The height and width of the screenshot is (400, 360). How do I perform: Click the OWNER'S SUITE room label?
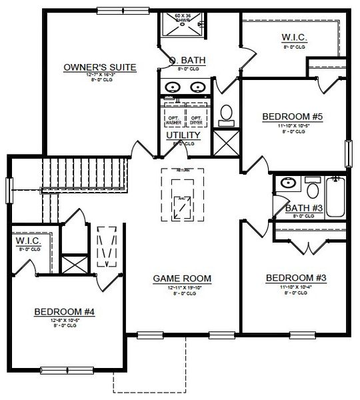[x=100, y=67]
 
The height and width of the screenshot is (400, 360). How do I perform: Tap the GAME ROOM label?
[x=182, y=278]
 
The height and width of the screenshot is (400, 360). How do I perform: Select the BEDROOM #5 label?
[x=292, y=117]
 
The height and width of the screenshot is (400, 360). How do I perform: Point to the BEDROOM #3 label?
[x=295, y=277]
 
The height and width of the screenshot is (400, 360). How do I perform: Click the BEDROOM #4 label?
[x=65, y=311]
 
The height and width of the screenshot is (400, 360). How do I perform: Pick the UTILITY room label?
[x=182, y=135]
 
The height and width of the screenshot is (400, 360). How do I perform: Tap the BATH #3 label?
[x=304, y=208]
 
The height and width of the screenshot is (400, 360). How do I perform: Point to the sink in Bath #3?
[x=288, y=182]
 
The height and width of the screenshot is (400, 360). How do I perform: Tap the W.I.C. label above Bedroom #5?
[x=293, y=38]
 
